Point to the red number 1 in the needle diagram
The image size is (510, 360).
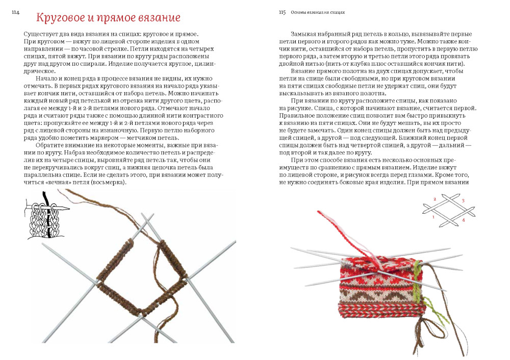coord(433,217)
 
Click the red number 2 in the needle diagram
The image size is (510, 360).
coord(435,199)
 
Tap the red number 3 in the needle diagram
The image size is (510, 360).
coord(463,201)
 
